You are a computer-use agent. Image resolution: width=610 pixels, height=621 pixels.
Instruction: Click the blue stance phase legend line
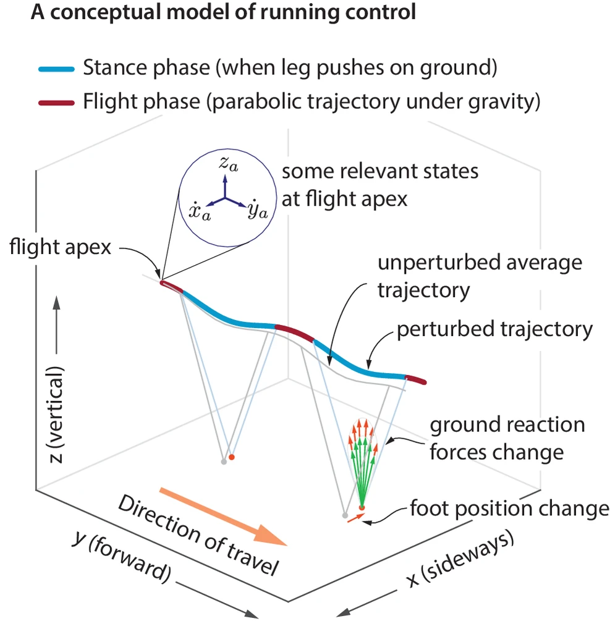coord(56,69)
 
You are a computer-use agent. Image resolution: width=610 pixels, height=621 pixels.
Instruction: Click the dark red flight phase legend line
coord(56,102)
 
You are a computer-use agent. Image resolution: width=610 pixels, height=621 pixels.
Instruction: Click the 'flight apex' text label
coord(60,248)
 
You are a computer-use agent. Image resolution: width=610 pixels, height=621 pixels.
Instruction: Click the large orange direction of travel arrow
coord(223,515)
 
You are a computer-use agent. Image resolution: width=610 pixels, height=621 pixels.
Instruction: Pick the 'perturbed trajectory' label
coord(494,329)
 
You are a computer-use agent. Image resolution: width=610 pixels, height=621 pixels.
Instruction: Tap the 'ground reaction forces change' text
coord(507,438)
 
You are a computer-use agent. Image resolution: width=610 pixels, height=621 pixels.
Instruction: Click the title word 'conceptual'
coord(109,14)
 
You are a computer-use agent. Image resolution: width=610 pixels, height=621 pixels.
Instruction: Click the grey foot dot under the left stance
coord(224,462)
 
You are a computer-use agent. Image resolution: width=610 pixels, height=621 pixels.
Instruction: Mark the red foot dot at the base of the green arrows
coord(362,508)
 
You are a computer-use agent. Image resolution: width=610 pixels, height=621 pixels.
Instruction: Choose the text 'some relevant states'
coord(379,171)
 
